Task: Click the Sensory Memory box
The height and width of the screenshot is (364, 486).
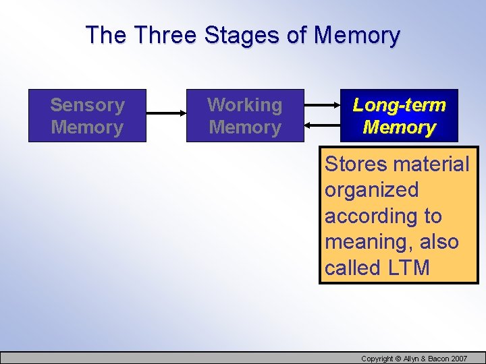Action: click(x=87, y=115)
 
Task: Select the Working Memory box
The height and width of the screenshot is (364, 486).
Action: click(x=245, y=115)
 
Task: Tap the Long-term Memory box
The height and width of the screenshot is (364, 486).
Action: click(x=399, y=115)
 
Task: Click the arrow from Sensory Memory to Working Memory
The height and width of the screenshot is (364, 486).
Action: click(x=166, y=115)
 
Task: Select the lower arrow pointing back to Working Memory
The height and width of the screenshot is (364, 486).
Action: click(x=322, y=125)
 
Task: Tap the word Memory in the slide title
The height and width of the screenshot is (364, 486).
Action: click(x=357, y=35)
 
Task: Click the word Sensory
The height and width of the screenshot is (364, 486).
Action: click(x=87, y=105)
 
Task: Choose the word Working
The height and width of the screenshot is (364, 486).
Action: click(x=245, y=105)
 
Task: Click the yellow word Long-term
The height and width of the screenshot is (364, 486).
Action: click(x=399, y=105)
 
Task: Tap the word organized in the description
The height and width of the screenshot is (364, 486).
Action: click(x=372, y=190)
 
